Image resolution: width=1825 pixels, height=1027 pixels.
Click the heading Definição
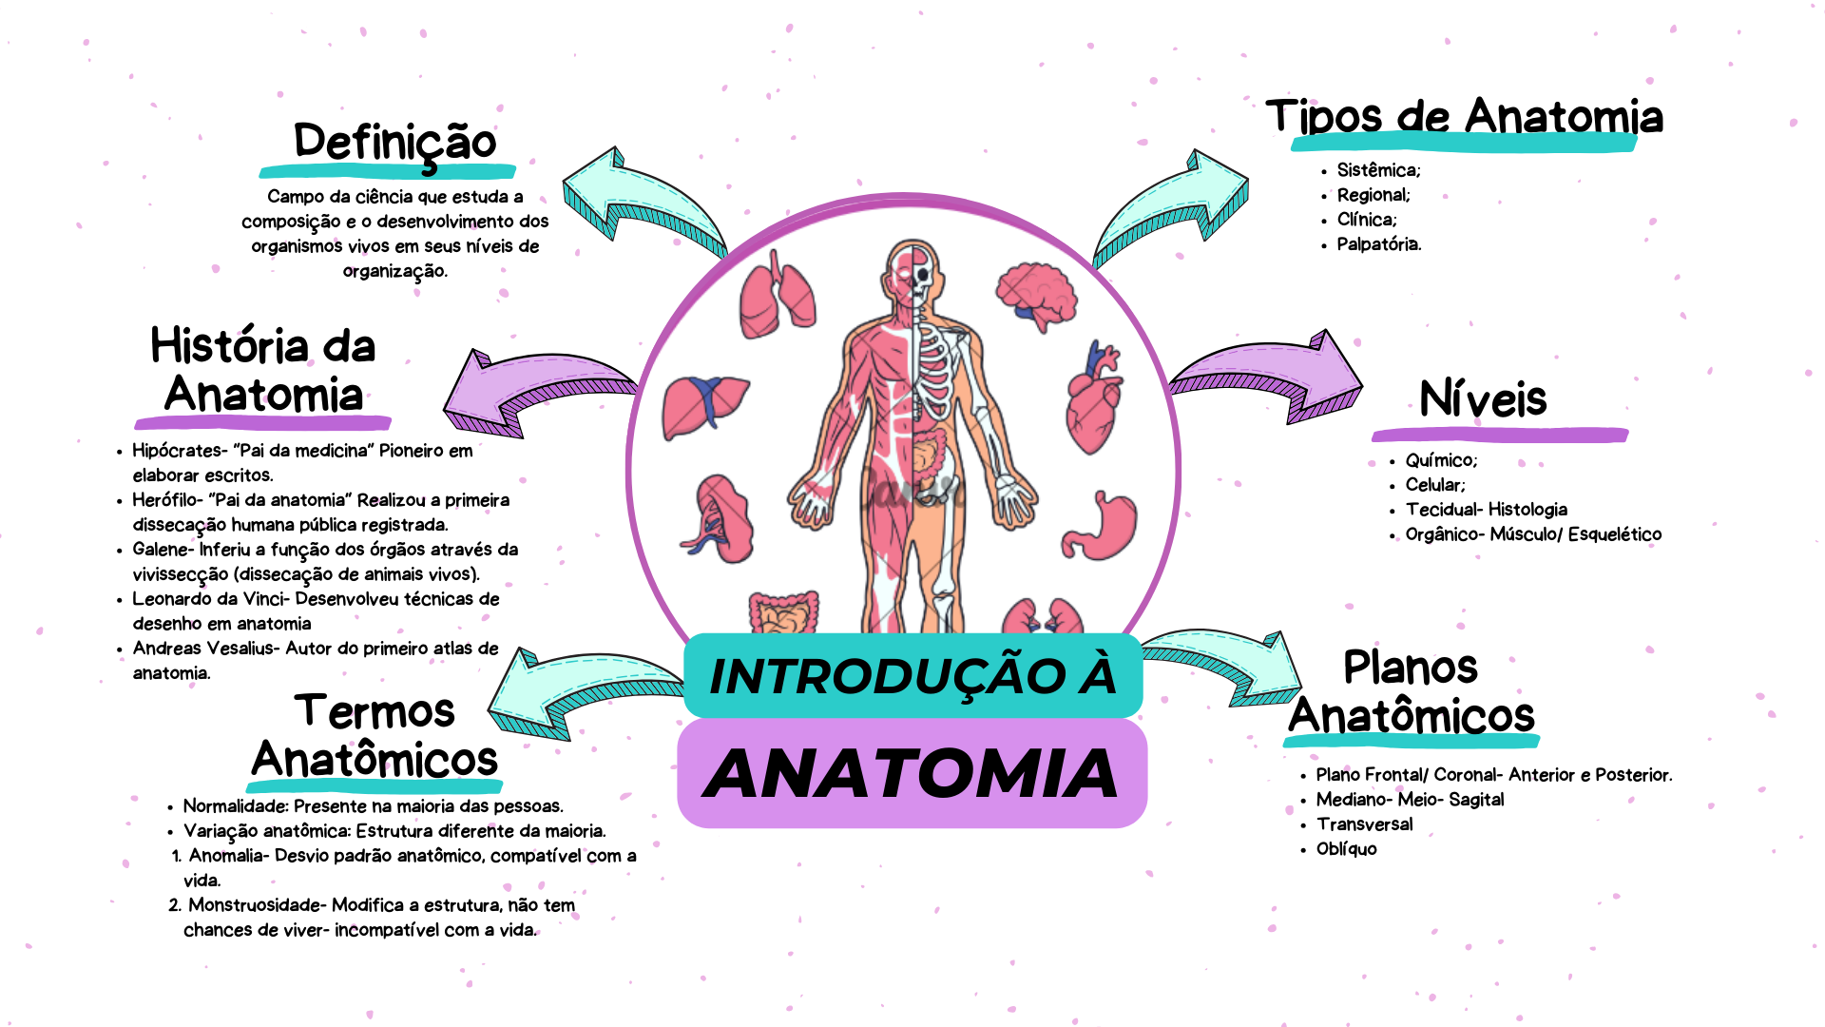coord(394,143)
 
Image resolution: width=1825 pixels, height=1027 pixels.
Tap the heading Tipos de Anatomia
coord(1464,118)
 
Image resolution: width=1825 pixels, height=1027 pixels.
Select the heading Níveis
coord(1483,399)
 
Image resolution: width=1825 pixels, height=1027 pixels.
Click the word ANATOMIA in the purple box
coord(912,774)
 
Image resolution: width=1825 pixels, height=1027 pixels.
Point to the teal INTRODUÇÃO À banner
coord(912,676)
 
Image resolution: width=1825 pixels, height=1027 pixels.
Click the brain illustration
coord(1037,296)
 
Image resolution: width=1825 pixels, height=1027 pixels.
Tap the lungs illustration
coord(777,295)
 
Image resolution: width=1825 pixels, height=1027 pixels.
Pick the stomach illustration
coord(1103,528)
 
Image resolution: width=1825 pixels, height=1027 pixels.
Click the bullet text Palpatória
coord(1378,244)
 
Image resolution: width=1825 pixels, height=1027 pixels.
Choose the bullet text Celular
coord(1434,485)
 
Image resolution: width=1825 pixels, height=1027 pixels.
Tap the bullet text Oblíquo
coord(1346,849)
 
